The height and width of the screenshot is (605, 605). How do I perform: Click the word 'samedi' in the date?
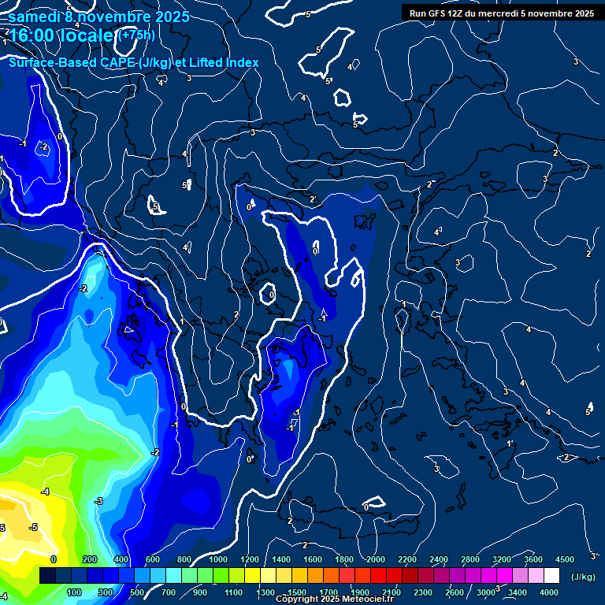34,17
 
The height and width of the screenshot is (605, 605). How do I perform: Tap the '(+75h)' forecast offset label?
135,35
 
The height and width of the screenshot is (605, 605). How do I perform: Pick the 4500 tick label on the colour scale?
564,559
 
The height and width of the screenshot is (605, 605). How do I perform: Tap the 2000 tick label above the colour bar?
375,559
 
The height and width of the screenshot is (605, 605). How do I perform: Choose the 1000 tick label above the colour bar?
217,559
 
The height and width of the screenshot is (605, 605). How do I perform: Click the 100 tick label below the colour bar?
75,592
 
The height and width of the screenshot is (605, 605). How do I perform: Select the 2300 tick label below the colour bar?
422,592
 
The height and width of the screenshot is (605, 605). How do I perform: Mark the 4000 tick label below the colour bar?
549,592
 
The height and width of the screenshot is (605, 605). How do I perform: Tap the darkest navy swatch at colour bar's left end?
47,576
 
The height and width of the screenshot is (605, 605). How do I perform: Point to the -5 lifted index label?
33,527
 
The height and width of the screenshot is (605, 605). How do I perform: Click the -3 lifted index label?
98,501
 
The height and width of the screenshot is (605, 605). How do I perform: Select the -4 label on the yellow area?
45,492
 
